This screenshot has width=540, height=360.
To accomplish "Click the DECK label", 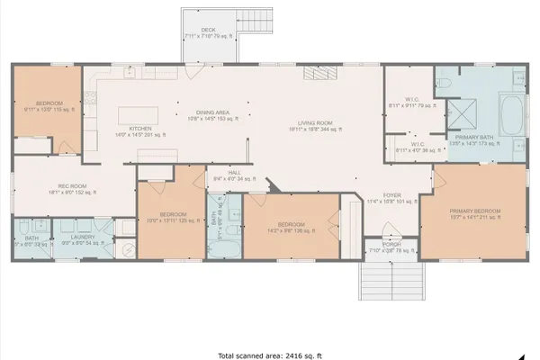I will point(208,30).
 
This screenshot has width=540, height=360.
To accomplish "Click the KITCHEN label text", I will point(140,129).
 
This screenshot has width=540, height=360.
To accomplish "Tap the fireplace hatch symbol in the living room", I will point(316,74).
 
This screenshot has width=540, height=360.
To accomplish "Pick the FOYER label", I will point(391,195).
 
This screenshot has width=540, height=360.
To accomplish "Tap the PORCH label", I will point(391,243).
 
